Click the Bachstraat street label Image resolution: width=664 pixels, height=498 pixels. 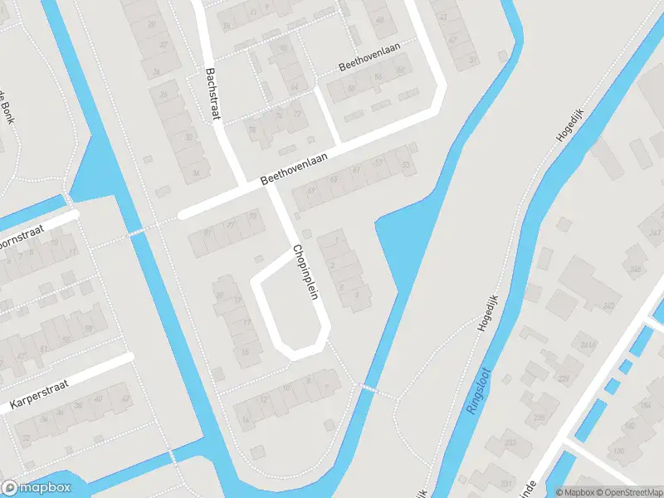212,94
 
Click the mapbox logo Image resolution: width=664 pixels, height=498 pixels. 36,488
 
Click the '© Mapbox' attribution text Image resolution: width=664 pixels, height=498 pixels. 574,492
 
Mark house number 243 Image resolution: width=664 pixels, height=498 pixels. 608,307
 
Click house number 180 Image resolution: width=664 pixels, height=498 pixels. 618,451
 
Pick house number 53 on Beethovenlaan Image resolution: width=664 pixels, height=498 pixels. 406,165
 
